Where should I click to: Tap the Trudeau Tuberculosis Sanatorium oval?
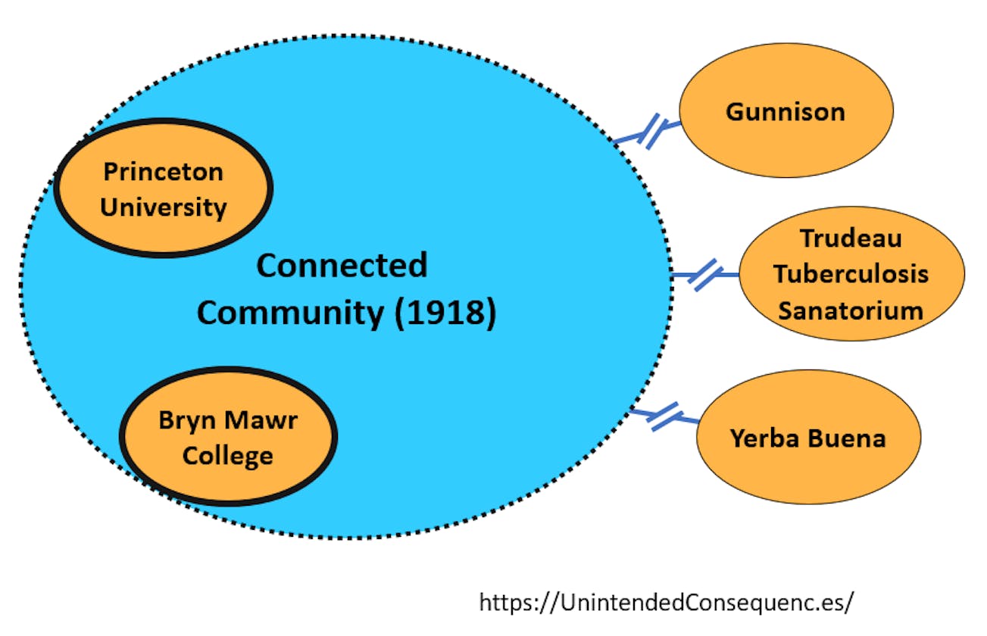(x=851, y=274)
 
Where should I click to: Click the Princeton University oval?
(x=163, y=188)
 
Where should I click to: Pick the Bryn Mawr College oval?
(x=228, y=438)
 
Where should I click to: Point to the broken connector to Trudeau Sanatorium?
(x=704, y=275)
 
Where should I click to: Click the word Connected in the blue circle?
(x=342, y=266)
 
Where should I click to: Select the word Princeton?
(x=163, y=171)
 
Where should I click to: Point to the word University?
(x=163, y=207)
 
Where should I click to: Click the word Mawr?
(x=261, y=419)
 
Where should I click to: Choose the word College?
(x=228, y=456)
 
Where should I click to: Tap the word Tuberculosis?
(x=851, y=274)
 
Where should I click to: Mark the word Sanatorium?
(x=851, y=310)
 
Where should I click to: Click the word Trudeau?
(x=851, y=238)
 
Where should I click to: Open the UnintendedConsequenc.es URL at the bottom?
(x=667, y=603)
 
